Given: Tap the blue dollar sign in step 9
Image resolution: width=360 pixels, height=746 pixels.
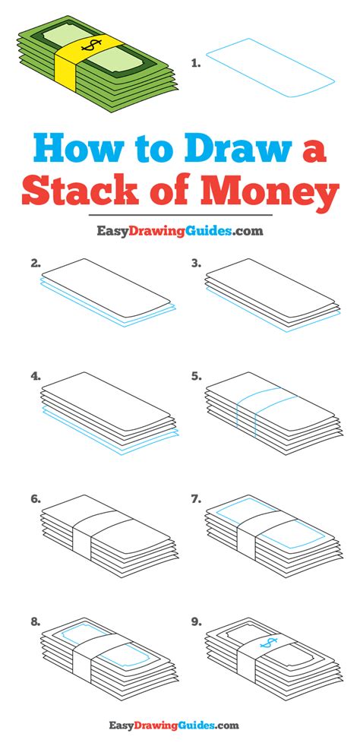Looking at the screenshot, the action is pos(268,643).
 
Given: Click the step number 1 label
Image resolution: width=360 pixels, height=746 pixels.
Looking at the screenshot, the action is pos(195,62).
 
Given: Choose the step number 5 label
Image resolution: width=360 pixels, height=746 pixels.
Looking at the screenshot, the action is pos(197,376).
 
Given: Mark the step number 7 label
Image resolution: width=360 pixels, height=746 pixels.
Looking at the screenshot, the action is pos(197,499).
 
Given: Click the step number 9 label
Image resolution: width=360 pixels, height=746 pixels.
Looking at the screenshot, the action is pos(197,622).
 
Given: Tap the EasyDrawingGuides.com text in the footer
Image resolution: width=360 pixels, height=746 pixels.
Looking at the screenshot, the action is pos(174,726).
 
